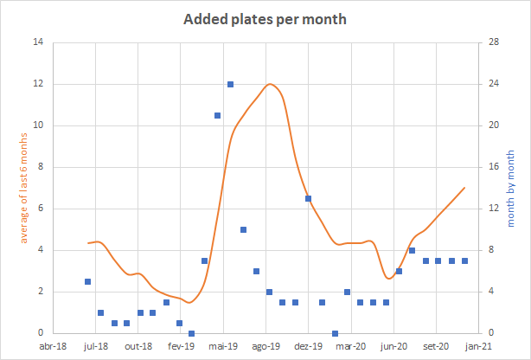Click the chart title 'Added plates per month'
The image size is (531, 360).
(x=265, y=18)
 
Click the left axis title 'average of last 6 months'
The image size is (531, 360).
(x=23, y=187)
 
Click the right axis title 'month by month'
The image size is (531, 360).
(x=509, y=188)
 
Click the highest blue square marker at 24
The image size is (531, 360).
(x=230, y=84)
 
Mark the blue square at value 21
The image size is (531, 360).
(x=217, y=115)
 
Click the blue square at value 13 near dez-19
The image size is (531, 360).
(x=308, y=198)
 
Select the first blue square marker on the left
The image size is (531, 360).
(x=88, y=281)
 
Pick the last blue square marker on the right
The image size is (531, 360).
(x=465, y=260)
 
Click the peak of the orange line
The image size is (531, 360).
(x=271, y=84)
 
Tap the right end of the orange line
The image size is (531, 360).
(x=465, y=188)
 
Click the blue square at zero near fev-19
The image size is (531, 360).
(x=191, y=333)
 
